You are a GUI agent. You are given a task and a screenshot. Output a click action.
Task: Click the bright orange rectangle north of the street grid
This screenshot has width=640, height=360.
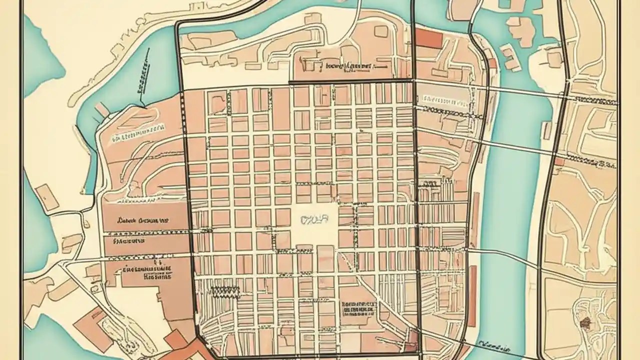coord(429,38)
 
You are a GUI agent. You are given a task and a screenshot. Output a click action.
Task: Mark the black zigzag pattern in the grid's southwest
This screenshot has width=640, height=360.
coord(225,290)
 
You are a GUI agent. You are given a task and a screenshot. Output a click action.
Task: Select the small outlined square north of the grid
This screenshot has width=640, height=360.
coord(380,31)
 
